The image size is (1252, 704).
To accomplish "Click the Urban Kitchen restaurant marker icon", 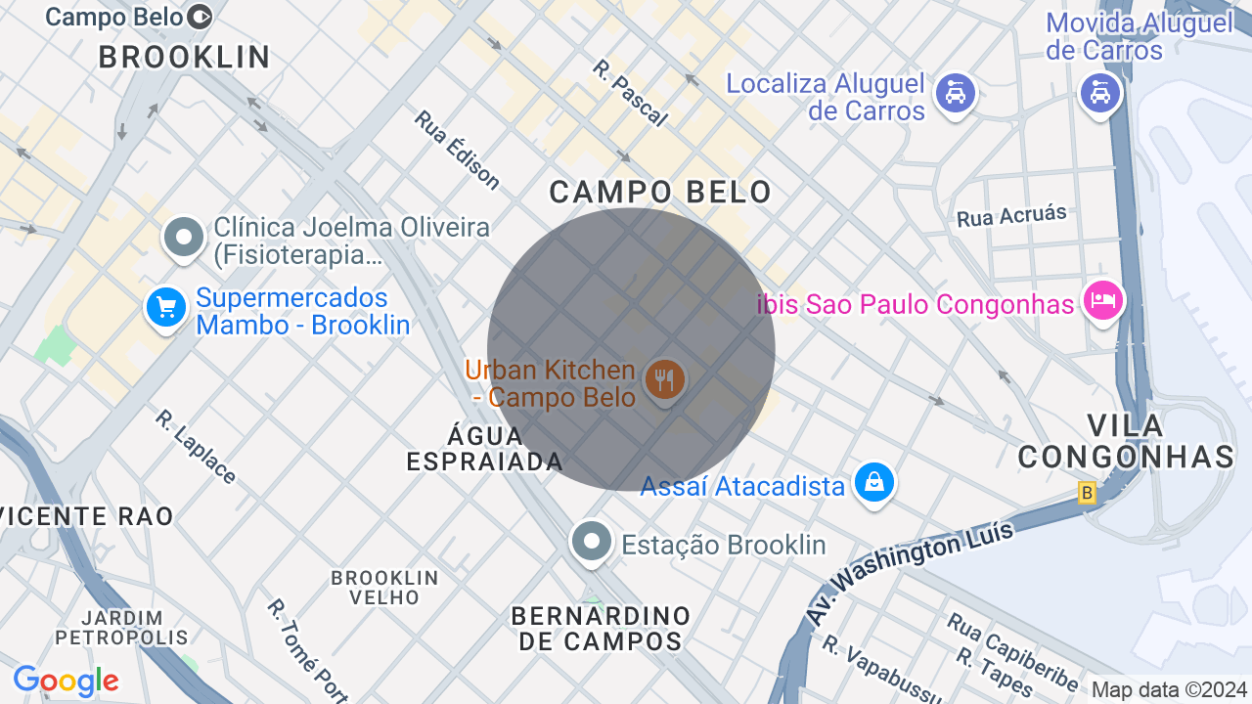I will pos(665,379).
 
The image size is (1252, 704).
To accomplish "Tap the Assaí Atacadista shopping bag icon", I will pos(873,483).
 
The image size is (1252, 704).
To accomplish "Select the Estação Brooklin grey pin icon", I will pos(591,542).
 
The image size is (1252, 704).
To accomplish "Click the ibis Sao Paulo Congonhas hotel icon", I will pos(1103,299).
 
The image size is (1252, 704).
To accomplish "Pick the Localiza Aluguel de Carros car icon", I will pos(955,94).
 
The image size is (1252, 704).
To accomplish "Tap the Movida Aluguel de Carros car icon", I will pos(1099,93).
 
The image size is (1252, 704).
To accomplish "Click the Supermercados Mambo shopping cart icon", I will pos(165,308).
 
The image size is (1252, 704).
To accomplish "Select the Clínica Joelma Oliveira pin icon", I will pos(183,237).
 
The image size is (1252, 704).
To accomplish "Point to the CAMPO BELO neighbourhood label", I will pos(660,192).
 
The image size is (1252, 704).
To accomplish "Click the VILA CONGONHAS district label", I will pos(1126,441).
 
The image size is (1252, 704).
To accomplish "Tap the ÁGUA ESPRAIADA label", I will pos(484,449).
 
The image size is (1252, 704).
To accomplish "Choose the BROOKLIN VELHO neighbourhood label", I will pos(384,587).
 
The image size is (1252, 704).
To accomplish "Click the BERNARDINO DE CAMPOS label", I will pos(601,629).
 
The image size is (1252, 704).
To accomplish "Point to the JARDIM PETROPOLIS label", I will pos(121,628).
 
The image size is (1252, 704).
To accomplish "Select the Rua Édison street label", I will pos(457,149).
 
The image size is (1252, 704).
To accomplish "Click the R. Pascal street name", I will pos(630,93).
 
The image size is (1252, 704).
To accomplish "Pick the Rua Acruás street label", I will pos(1011,216).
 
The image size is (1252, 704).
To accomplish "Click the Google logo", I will pos(66,681).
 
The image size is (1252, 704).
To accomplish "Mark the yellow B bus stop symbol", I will pos(1087,494).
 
